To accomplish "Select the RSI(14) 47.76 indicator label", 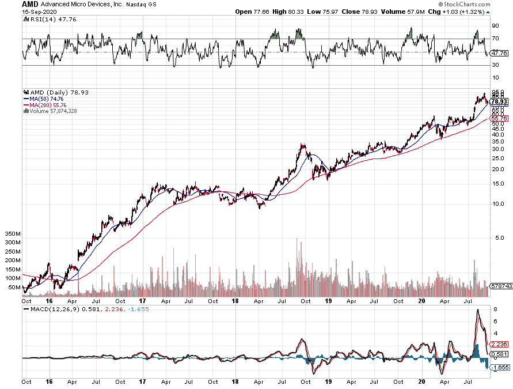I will point(45,19).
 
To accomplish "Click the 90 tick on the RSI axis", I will point(495,25).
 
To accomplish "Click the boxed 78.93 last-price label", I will point(499,101).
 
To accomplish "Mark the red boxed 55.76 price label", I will point(499,118).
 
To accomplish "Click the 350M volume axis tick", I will point(12,235).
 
